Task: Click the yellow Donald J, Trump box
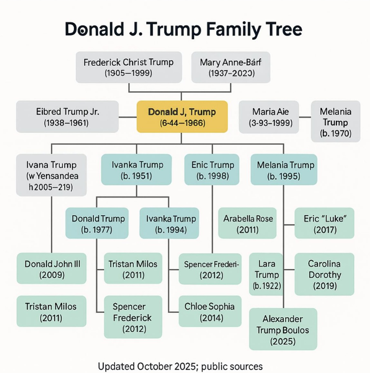click(182, 117)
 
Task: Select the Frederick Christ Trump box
click(128, 67)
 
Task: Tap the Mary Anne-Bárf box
click(231, 67)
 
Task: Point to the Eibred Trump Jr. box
click(67, 117)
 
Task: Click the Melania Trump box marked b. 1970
click(335, 121)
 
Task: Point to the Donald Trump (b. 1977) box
click(97, 223)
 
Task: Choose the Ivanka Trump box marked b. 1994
click(169, 223)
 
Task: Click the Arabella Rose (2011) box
click(248, 223)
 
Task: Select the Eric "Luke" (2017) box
click(324, 223)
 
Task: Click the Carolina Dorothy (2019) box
click(324, 274)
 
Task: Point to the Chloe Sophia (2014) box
click(210, 311)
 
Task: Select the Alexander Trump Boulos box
click(283, 330)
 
